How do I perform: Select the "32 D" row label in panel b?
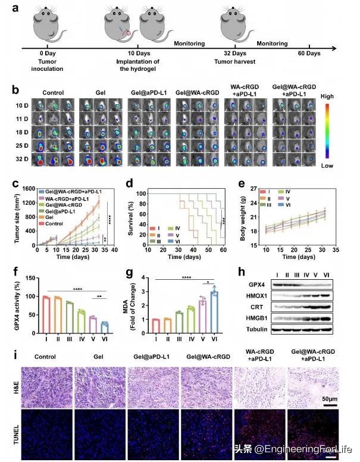tap(21, 159)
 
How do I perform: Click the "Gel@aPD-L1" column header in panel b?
tap(148, 94)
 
